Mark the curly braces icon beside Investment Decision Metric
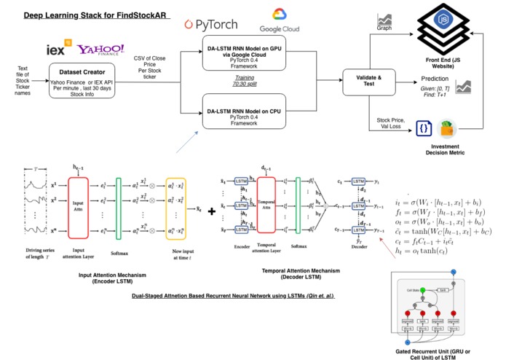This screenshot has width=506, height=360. pyautogui.click(x=424, y=128)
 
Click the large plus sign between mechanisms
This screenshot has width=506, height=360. pyautogui.click(x=211, y=212)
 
